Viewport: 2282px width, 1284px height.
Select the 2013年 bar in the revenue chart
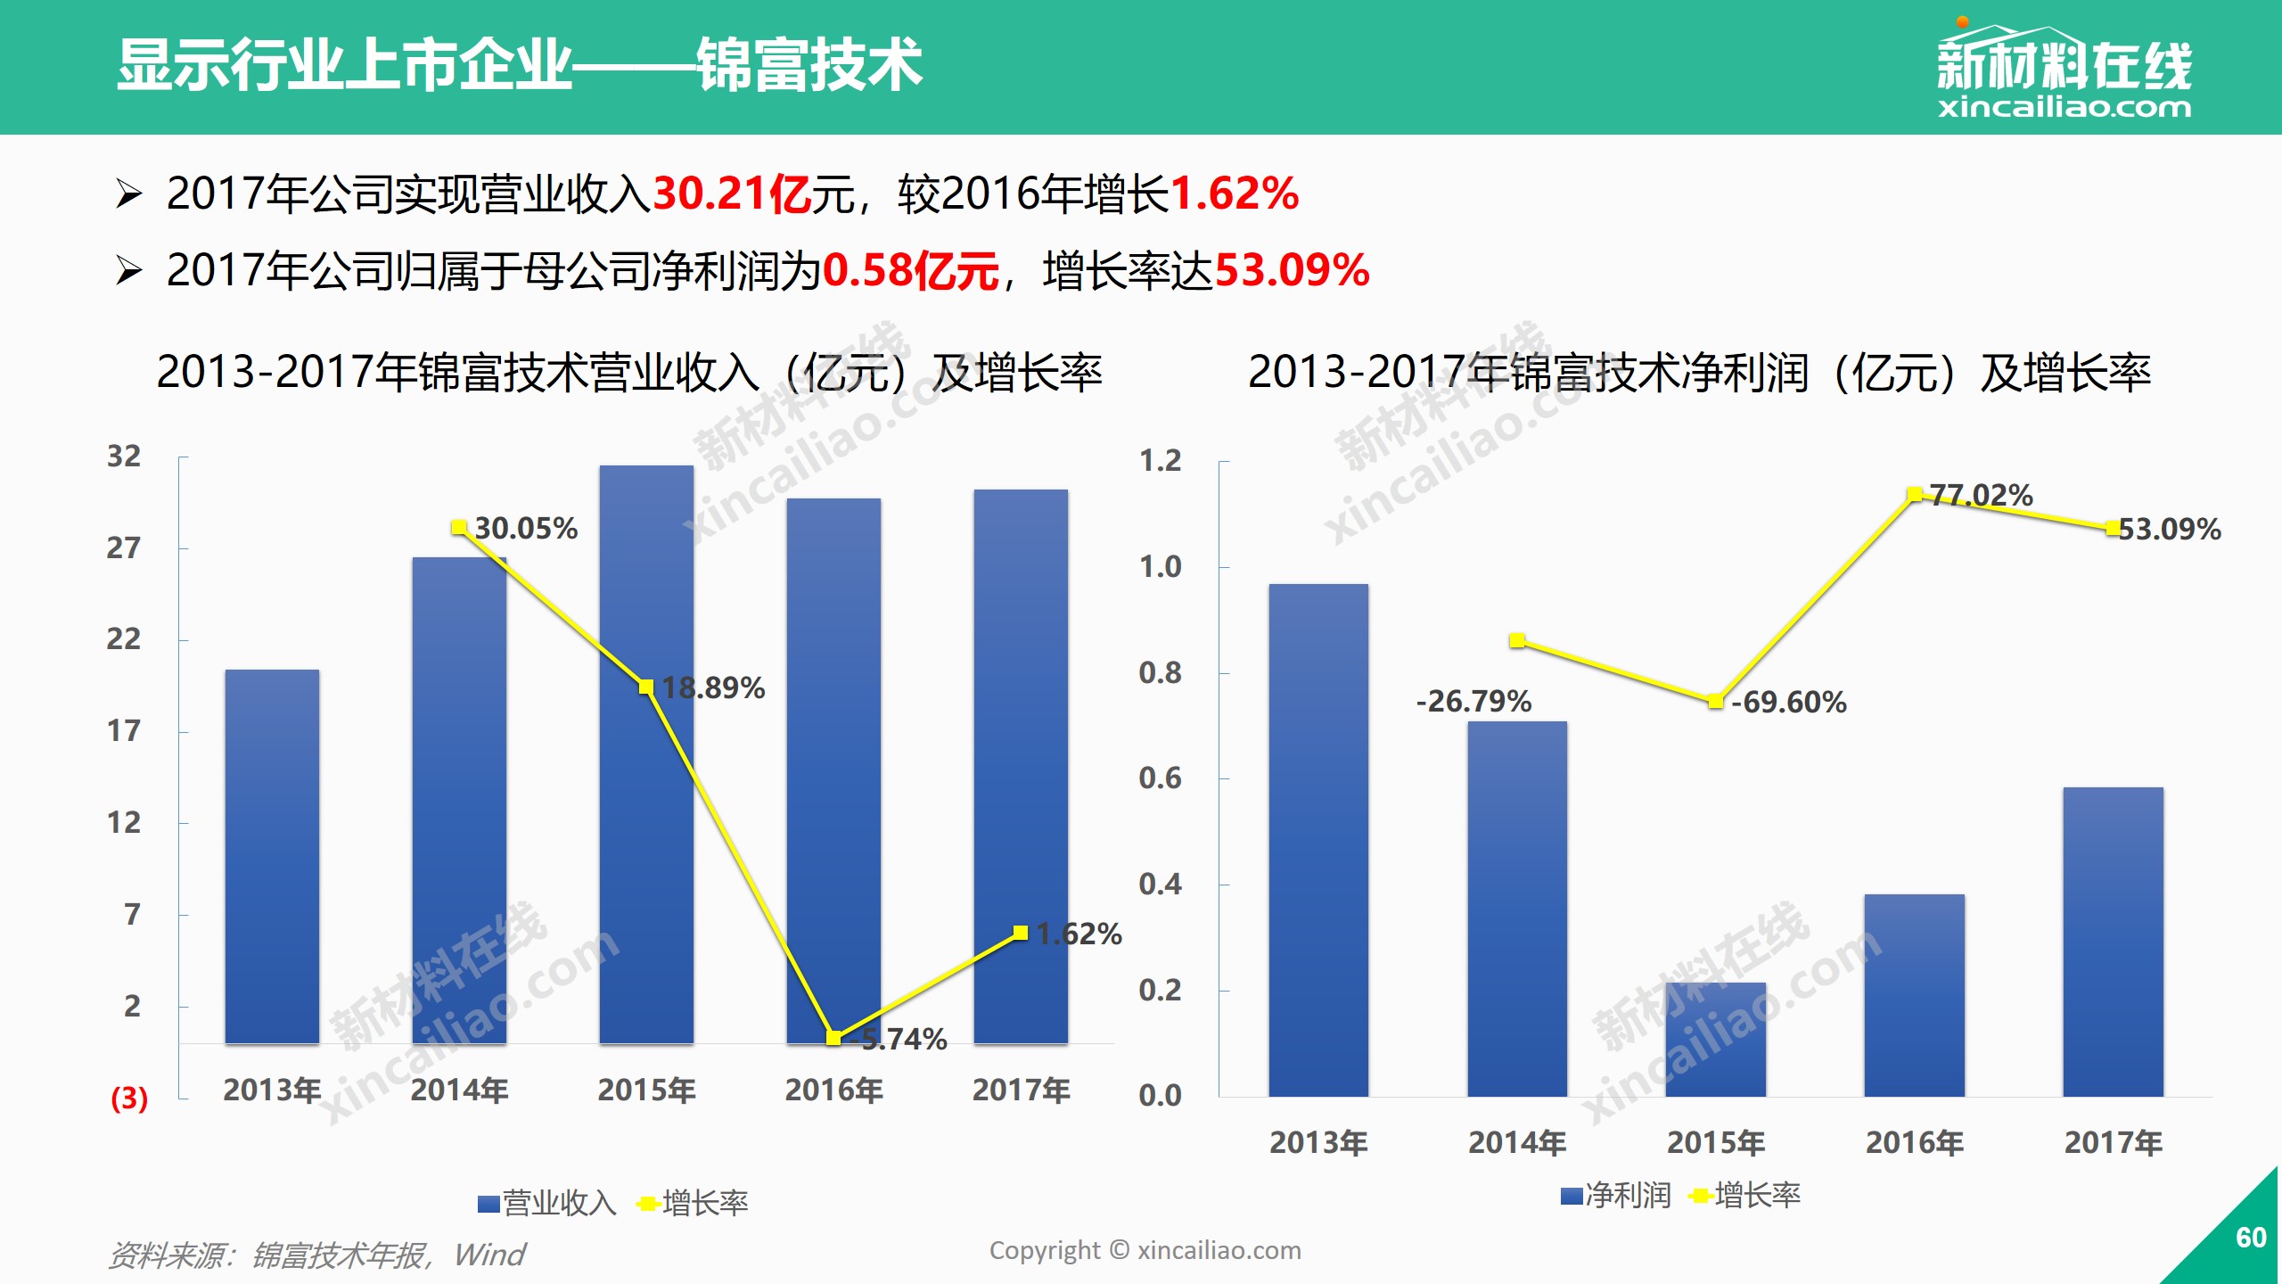coord(272,856)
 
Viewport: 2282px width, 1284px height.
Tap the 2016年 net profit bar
coord(1914,994)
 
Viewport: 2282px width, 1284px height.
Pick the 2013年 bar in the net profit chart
coord(1318,838)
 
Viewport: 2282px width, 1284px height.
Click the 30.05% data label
coord(526,529)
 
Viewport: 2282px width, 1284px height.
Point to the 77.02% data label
coord(1981,496)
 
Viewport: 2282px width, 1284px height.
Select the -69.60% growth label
coord(1789,703)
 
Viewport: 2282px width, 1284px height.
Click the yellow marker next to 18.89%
coord(646,687)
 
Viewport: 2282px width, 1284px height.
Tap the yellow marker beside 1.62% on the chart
coord(1021,933)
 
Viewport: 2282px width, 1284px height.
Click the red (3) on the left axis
coord(129,1098)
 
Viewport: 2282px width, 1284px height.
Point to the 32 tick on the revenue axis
coord(124,457)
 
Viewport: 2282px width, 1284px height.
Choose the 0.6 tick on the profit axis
coord(1160,778)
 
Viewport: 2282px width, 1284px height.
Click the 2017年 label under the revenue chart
coord(1021,1090)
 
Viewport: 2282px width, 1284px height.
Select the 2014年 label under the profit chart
coord(1517,1142)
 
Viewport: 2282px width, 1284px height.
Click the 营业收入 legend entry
coord(546,1204)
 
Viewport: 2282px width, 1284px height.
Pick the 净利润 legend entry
coord(1616,1196)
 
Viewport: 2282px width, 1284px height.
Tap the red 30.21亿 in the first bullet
coord(731,193)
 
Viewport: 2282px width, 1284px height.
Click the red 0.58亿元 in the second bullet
coord(909,270)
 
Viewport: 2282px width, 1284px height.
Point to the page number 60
coord(2251,1238)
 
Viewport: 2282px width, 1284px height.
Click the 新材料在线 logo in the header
coord(2064,71)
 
